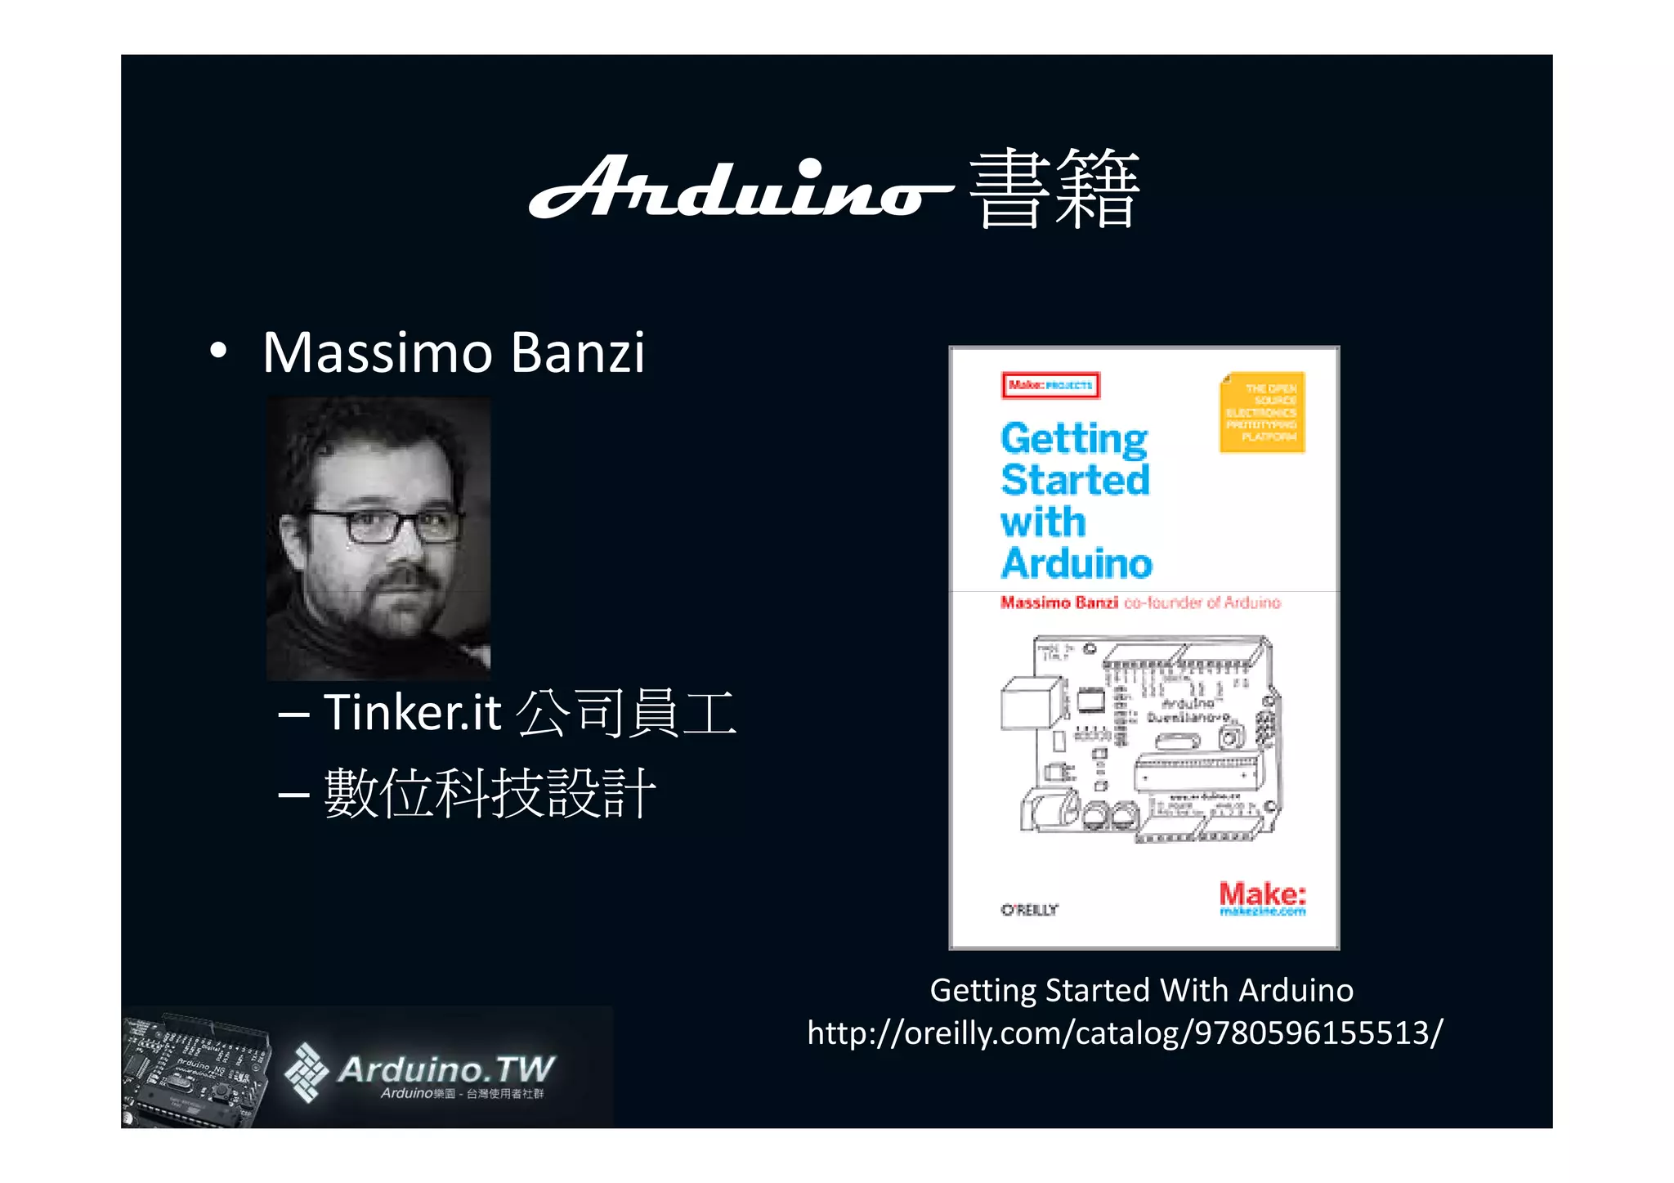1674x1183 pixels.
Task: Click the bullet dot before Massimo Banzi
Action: (217, 352)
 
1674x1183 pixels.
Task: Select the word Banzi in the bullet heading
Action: (577, 353)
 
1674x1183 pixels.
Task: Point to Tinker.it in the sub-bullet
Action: (411, 712)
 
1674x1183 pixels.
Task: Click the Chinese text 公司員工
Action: (627, 713)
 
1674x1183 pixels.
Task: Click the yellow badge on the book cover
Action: (1262, 412)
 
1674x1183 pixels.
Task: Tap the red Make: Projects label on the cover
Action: (1050, 385)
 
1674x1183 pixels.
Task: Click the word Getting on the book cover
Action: (1074, 439)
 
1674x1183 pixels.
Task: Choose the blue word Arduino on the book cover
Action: (1076, 563)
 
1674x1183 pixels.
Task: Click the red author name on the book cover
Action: (1059, 603)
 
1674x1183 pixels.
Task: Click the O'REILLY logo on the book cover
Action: (1029, 910)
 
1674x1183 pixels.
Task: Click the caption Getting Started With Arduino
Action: (1141, 990)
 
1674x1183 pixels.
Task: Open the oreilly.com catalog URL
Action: (1125, 1033)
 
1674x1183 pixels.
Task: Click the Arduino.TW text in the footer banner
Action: (446, 1069)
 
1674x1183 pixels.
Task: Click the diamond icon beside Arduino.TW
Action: (306, 1072)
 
